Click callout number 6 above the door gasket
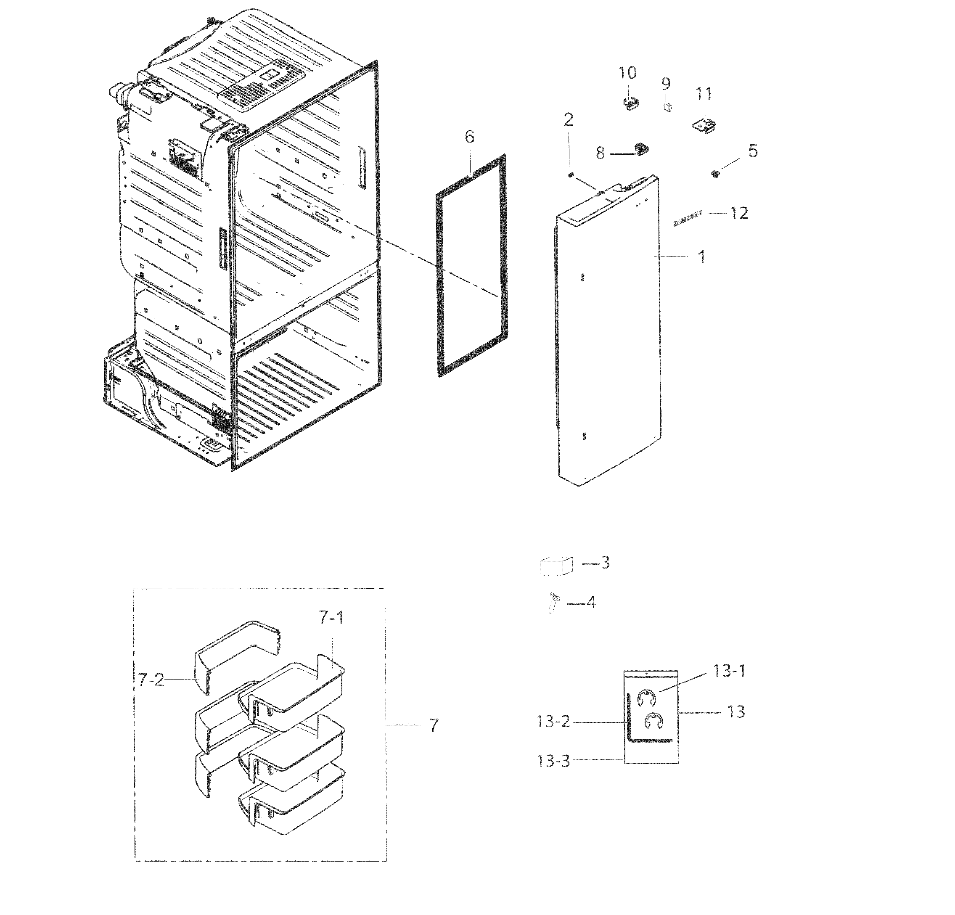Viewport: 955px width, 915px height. [x=469, y=137]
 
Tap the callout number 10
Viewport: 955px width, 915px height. [x=627, y=73]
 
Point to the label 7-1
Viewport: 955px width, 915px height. [x=331, y=618]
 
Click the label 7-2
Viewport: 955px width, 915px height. [x=151, y=679]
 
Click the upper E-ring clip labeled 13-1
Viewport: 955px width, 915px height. [x=647, y=697]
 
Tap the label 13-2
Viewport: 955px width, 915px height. [x=553, y=721]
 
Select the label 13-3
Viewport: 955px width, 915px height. [x=553, y=761]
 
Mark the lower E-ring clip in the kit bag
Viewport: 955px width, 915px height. [x=653, y=721]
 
